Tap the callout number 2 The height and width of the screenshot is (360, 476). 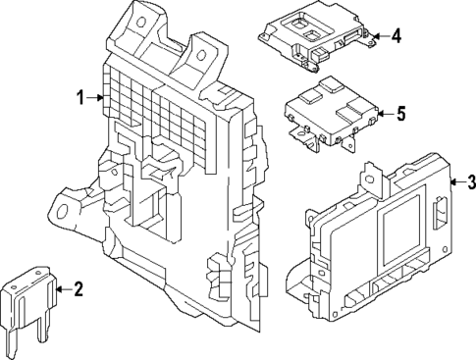(x=79, y=288)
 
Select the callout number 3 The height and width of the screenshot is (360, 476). (x=471, y=181)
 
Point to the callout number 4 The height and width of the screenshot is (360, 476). (x=397, y=36)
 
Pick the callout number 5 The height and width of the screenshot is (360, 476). (x=399, y=114)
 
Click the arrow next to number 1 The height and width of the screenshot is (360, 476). (x=97, y=96)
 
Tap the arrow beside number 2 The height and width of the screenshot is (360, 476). (x=64, y=288)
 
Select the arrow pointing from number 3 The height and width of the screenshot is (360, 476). (x=455, y=181)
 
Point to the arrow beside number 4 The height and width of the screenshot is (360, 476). (x=380, y=37)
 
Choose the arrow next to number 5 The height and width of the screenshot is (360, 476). (x=383, y=114)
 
